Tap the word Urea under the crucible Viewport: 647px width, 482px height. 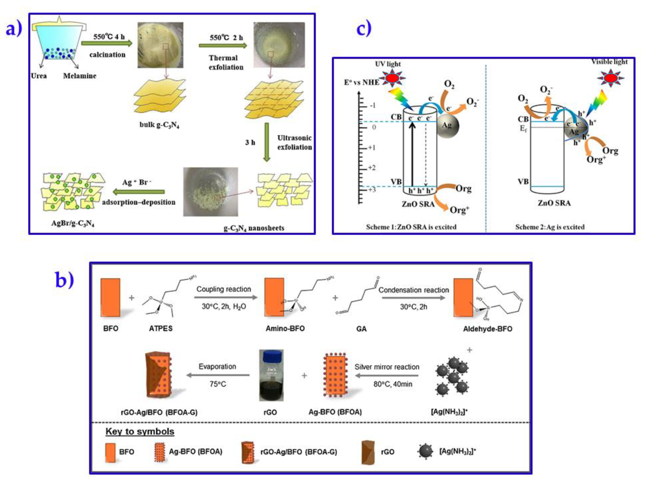(39, 76)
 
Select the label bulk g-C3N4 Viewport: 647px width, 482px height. (159, 125)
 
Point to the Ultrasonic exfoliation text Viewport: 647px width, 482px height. (294, 142)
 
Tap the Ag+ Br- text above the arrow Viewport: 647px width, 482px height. (137, 182)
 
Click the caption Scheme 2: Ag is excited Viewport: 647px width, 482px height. (550, 227)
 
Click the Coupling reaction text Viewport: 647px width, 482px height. (224, 289)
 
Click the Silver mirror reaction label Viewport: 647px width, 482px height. (387, 367)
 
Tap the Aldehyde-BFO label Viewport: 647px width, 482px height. (488, 329)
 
